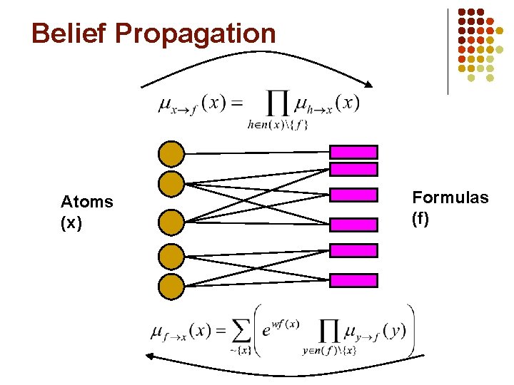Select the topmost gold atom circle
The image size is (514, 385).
pos(171,153)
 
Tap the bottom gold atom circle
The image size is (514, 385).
pos(171,287)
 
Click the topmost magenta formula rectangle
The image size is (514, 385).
pos(353,151)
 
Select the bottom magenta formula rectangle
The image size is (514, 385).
pos(353,280)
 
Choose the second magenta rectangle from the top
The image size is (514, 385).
pos(353,169)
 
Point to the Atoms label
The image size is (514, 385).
pos(87,202)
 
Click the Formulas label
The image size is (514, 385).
pos(450,197)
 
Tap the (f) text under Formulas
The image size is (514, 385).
pos(420,219)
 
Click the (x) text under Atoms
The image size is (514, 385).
pos(71,223)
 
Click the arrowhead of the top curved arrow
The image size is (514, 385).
pos(372,87)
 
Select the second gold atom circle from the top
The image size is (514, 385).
pos(171,183)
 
